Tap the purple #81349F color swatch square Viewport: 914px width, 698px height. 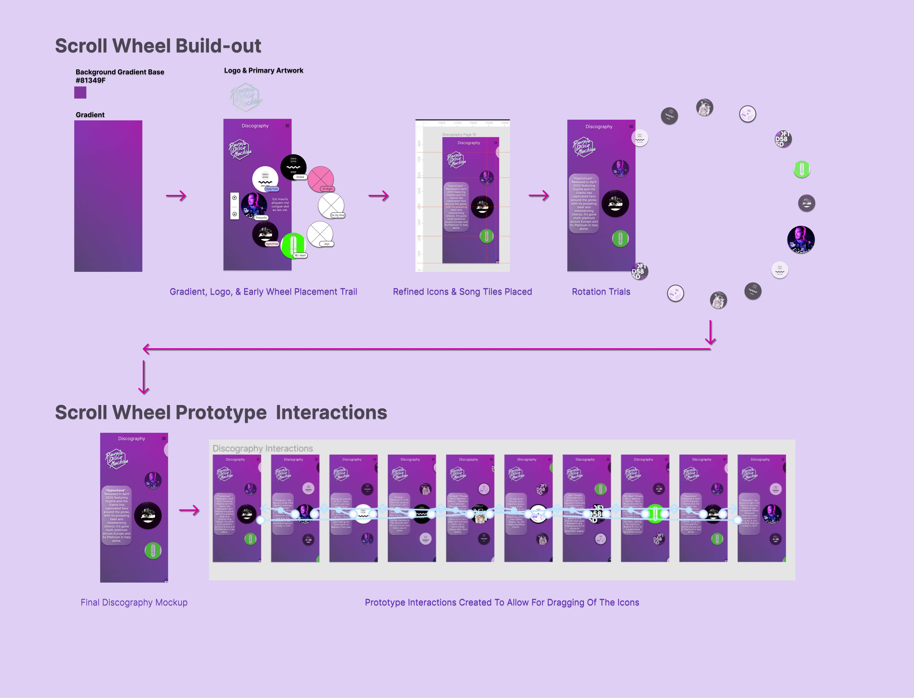pos(80,93)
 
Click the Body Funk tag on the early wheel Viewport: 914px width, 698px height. pos(272,189)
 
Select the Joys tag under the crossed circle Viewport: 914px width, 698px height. pos(327,244)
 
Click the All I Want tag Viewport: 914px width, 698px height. pos(300,255)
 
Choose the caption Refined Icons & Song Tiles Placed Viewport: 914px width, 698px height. pos(462,292)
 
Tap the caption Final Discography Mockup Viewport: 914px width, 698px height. pos(134,602)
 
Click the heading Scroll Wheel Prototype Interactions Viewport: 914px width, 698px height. pos(221,413)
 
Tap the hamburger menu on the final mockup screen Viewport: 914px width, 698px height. pos(164,438)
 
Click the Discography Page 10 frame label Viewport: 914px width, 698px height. pos(459,135)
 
